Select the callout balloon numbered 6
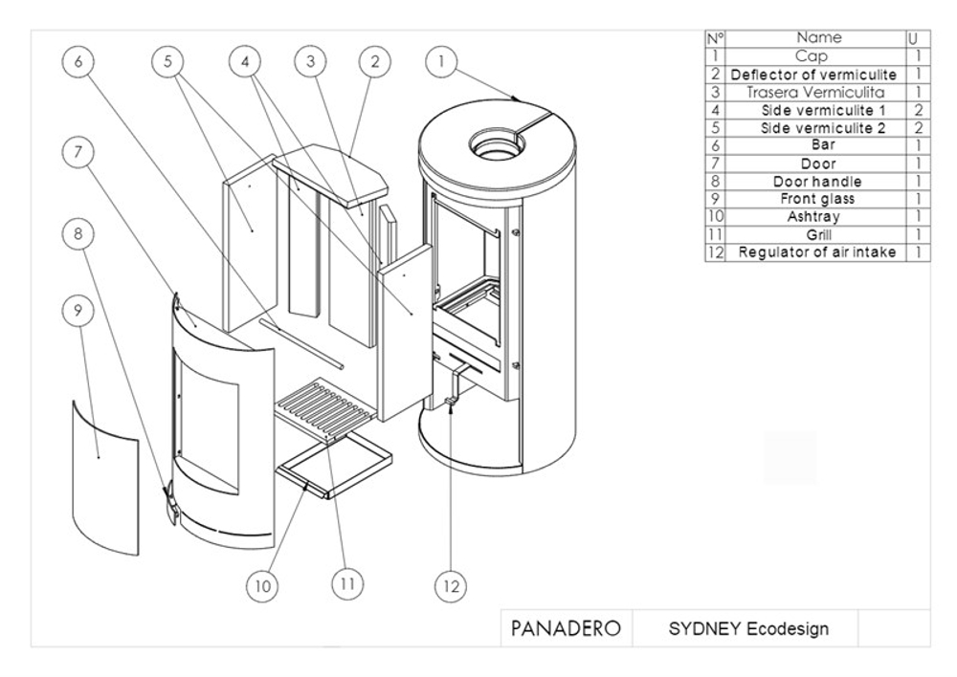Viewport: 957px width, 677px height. click(x=78, y=61)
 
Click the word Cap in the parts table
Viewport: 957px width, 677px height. click(x=817, y=56)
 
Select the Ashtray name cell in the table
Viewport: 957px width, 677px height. click(x=817, y=217)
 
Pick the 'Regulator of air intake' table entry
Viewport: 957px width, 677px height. click(x=817, y=252)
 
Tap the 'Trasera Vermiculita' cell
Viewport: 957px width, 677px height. click(x=817, y=93)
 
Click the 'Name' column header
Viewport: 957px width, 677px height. click(x=818, y=38)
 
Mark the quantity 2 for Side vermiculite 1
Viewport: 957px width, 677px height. click(x=918, y=110)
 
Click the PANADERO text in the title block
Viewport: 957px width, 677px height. click(x=566, y=628)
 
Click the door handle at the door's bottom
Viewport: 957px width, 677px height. click(x=170, y=502)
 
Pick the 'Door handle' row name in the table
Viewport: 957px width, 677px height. click(x=817, y=182)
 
